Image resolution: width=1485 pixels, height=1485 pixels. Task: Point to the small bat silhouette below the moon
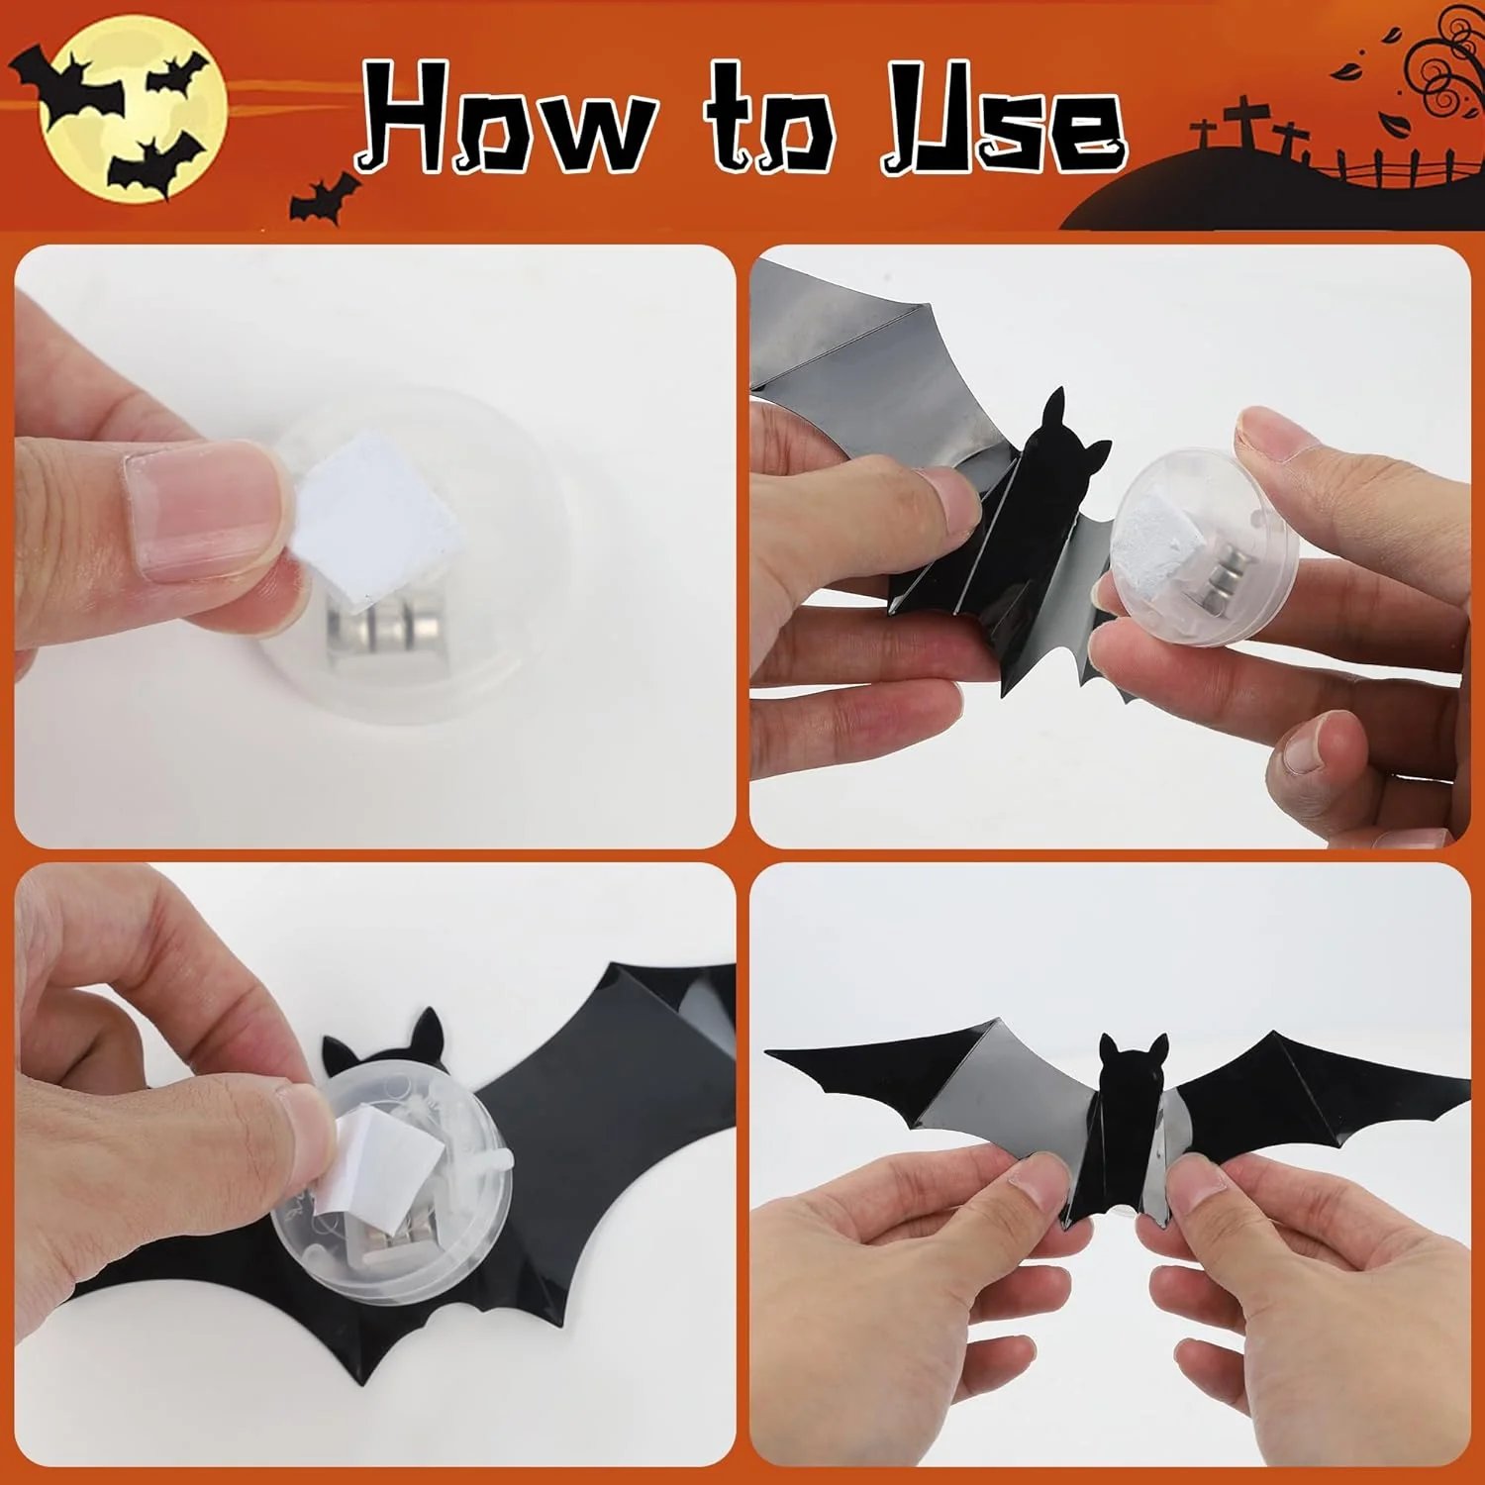point(323,198)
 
